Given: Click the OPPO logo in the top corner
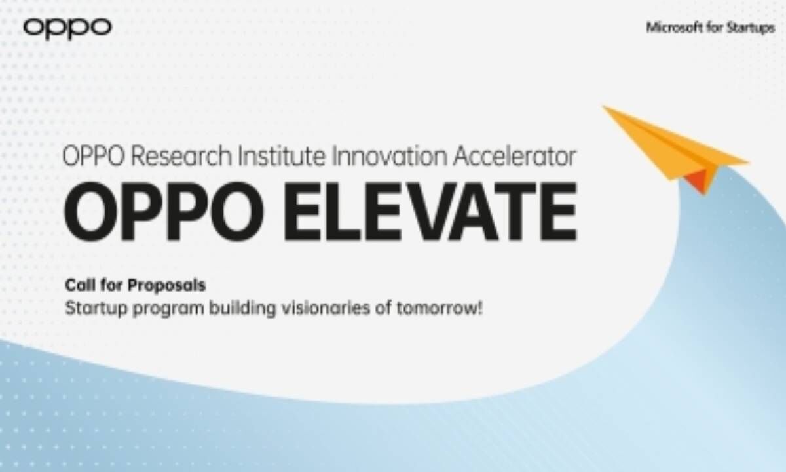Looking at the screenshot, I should point(67,28).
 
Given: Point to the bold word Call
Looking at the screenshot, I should point(78,286).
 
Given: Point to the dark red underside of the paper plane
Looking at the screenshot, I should point(701,178).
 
